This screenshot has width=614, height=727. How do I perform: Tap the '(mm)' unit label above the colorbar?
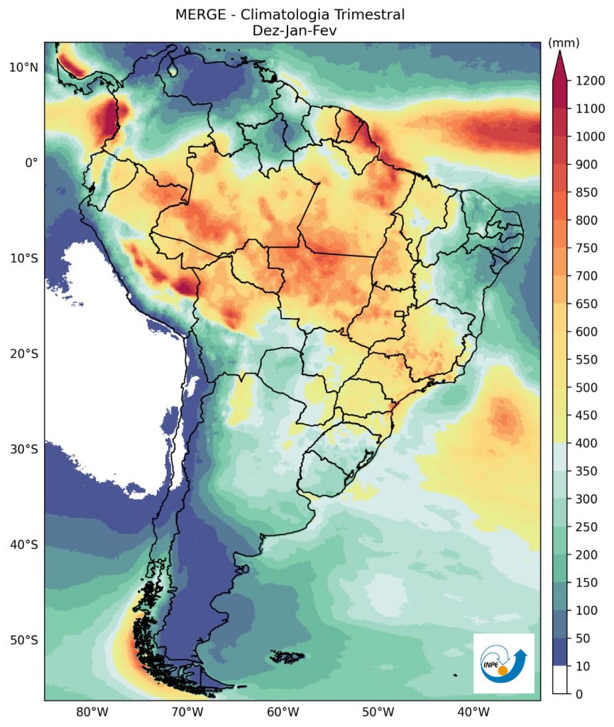click(564, 43)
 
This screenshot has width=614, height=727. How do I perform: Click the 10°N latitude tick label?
click(23, 67)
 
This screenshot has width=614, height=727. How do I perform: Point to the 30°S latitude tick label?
click(23, 449)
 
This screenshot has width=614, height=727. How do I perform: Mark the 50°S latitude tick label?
click(23, 640)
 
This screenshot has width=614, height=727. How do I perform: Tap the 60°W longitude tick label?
click(282, 712)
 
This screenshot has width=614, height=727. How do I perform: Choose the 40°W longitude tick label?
click(473, 712)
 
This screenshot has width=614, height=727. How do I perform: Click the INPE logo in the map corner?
click(504, 663)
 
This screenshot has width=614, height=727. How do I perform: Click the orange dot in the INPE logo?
click(503, 670)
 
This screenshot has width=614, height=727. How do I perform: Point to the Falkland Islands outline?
click(288, 657)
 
